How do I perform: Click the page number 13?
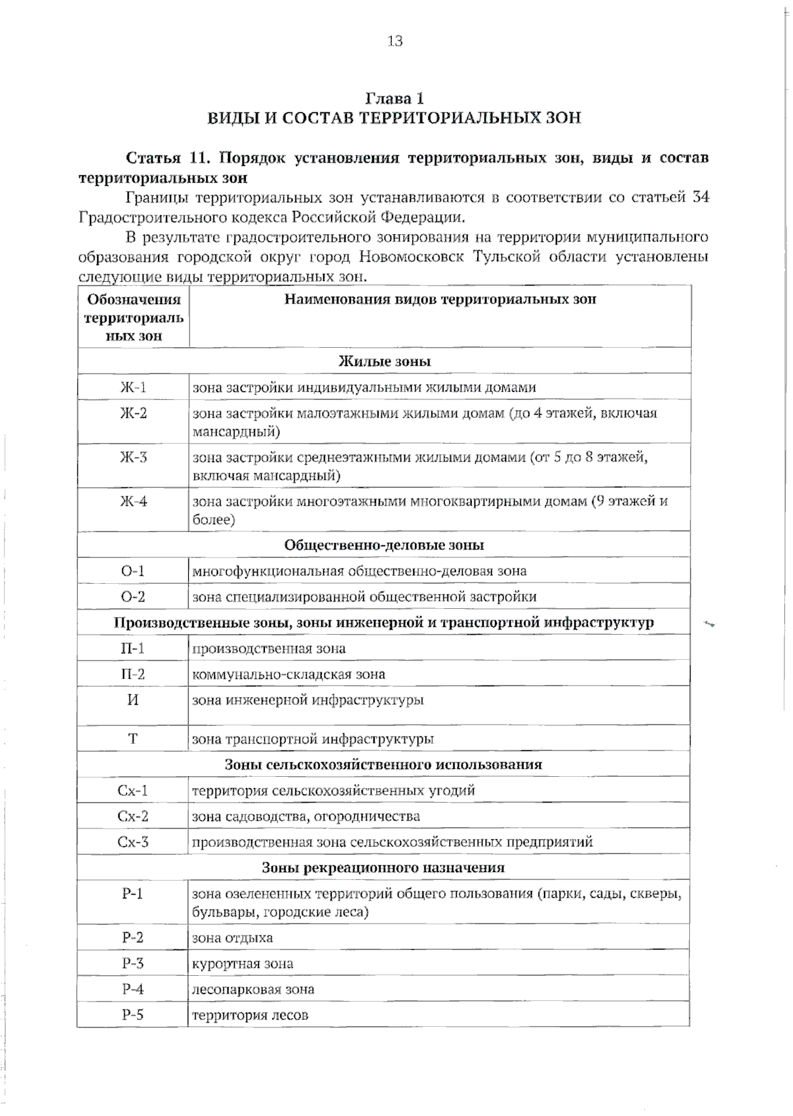coord(395,42)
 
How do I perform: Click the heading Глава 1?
coord(395,99)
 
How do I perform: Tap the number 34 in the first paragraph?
coord(700,198)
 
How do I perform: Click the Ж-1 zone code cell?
coord(133,387)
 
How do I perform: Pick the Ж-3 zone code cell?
coord(133,458)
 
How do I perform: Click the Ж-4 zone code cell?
coord(133,502)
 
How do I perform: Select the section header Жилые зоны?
coord(384,362)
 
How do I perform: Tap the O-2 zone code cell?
coord(133,597)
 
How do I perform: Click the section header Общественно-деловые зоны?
coord(384,545)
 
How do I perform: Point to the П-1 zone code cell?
coord(133,649)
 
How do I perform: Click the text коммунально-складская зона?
coord(288,675)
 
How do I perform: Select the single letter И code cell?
coord(133,700)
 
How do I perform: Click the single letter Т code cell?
coord(133,739)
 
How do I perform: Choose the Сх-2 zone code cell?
coord(133,817)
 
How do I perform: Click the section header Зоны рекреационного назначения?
coord(383,868)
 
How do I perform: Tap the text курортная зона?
coord(243,964)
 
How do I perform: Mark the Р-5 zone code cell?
coord(133,1016)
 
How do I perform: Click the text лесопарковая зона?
coord(253,990)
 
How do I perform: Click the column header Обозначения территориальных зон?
coord(133,317)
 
